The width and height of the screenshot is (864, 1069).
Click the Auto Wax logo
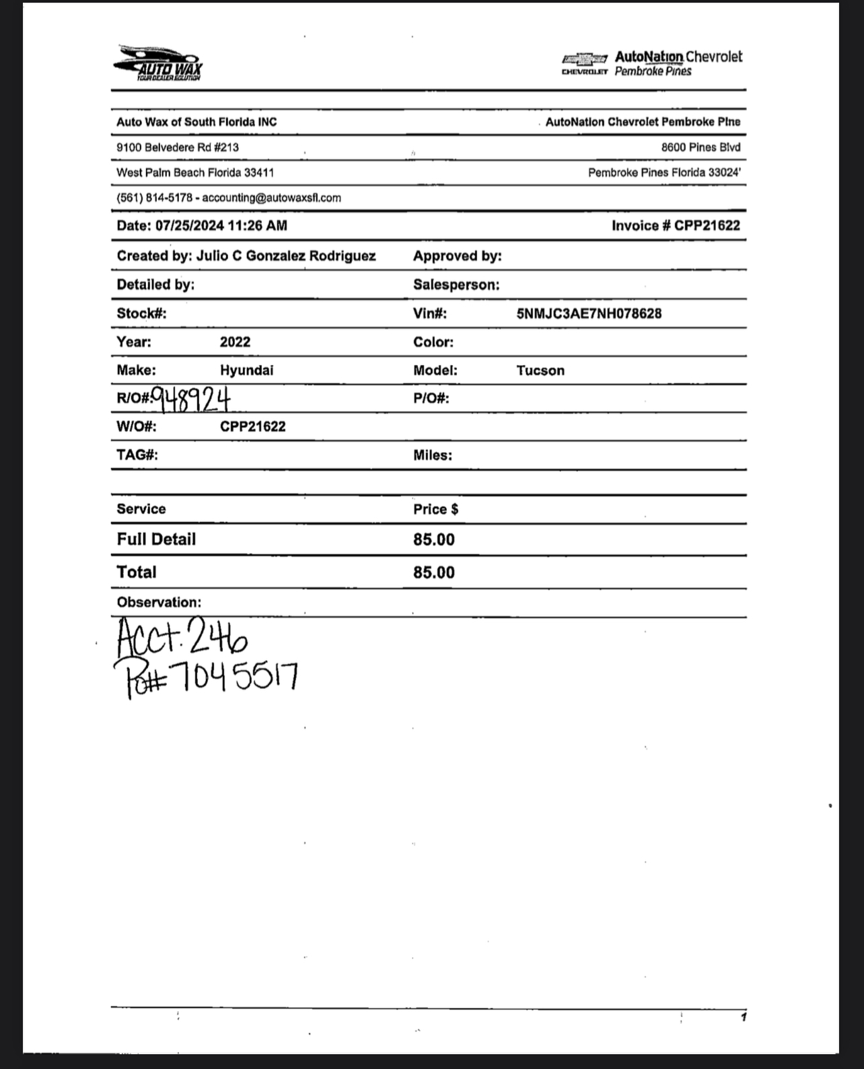pyautogui.click(x=158, y=64)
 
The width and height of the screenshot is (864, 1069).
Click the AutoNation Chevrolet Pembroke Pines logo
pyautogui.click(x=651, y=63)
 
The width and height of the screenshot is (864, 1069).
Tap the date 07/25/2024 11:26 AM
pyautogui.click(x=221, y=226)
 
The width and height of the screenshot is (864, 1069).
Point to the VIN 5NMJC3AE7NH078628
pyautogui.click(x=589, y=314)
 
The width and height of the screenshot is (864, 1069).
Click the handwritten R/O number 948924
pyautogui.click(x=191, y=398)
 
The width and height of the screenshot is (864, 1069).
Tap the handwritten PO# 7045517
pyautogui.click(x=207, y=677)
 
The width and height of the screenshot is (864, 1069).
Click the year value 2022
pyautogui.click(x=235, y=342)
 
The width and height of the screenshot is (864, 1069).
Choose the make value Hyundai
pyautogui.click(x=246, y=370)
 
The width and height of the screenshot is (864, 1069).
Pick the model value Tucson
pyautogui.click(x=540, y=371)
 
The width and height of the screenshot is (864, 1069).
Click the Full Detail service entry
pyautogui.click(x=156, y=540)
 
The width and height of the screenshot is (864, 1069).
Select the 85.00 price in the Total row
pyautogui.click(x=434, y=573)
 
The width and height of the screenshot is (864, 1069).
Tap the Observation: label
pyautogui.click(x=159, y=602)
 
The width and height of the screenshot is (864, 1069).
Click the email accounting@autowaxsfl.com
pyautogui.click(x=271, y=198)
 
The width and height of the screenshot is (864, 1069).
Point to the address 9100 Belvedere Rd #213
pyautogui.click(x=178, y=147)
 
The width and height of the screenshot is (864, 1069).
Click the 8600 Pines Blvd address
pyautogui.click(x=700, y=147)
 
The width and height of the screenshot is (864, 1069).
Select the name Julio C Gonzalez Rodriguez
pyautogui.click(x=286, y=256)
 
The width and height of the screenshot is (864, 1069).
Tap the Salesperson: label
pyautogui.click(x=456, y=285)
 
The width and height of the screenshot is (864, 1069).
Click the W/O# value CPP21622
pyautogui.click(x=252, y=427)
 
